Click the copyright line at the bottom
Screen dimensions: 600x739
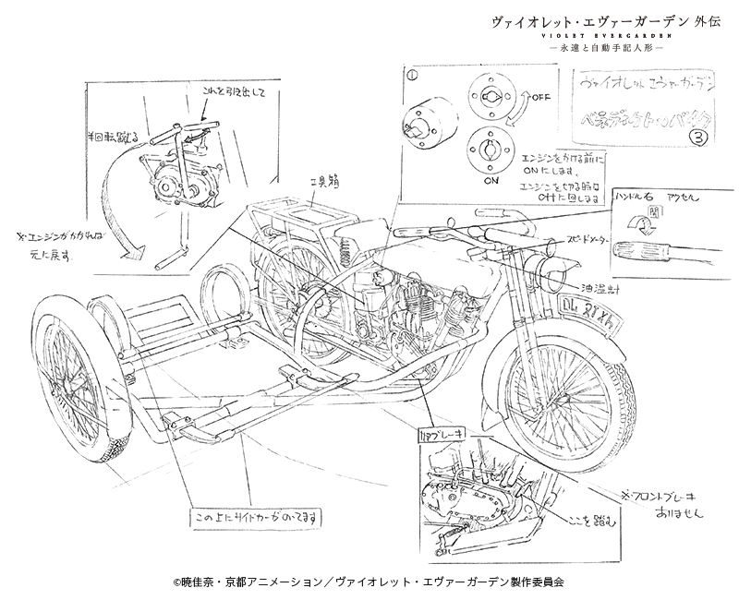point(369,582)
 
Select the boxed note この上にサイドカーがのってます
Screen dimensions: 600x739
point(257,519)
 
